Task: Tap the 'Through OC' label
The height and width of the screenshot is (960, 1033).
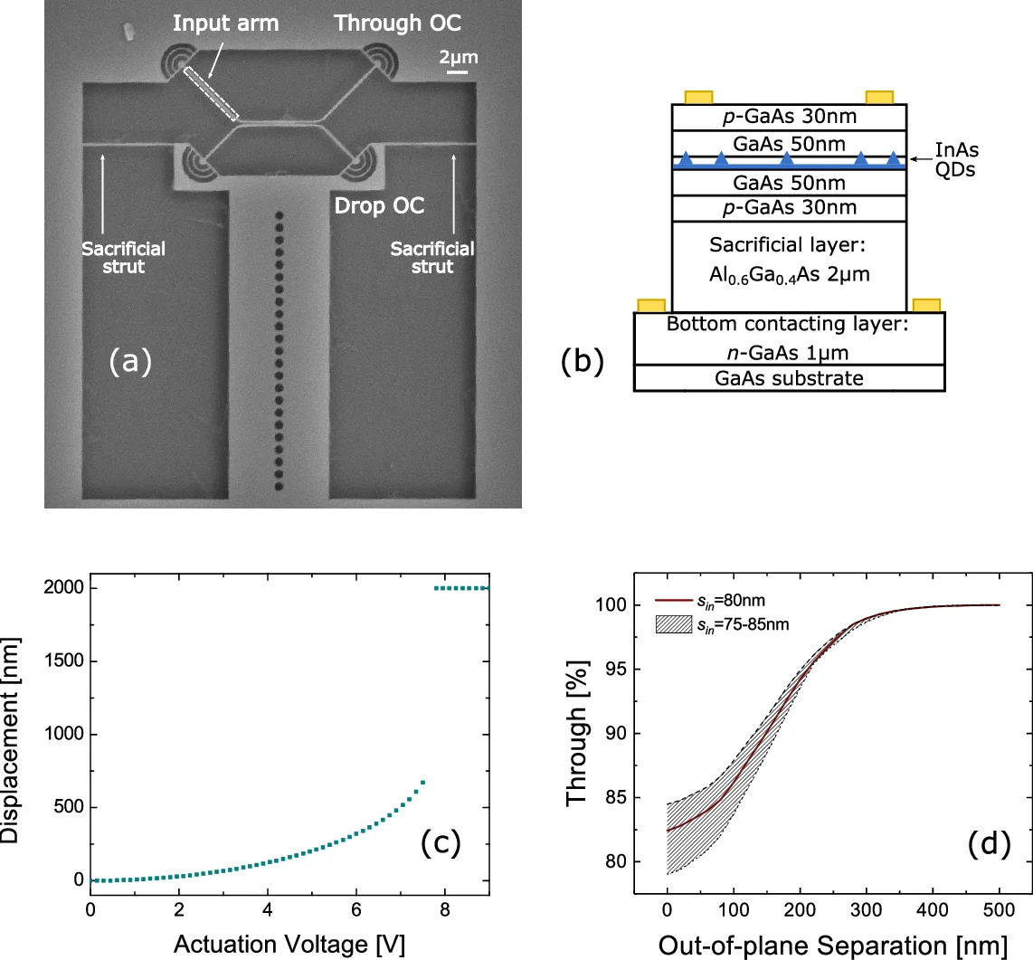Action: click(x=398, y=24)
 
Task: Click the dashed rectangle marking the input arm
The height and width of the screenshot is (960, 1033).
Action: click(x=212, y=94)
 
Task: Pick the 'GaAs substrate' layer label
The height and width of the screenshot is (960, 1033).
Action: click(x=789, y=378)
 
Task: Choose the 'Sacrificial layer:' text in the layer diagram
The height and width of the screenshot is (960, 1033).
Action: click(x=789, y=245)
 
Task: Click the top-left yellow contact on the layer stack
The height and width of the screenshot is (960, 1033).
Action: click(x=698, y=97)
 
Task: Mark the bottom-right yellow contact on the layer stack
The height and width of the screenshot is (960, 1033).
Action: click(x=926, y=306)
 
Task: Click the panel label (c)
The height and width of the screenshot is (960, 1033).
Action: click(x=441, y=843)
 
